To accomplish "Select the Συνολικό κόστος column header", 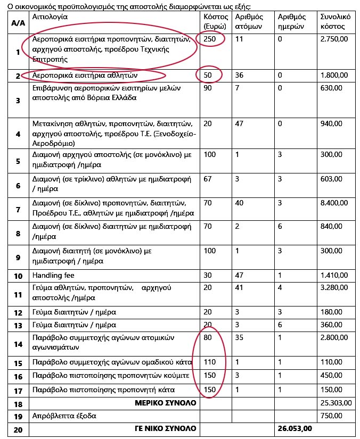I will pos(335,21).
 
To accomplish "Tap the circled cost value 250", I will pos(210,39).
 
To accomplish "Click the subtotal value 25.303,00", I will pos(336,403).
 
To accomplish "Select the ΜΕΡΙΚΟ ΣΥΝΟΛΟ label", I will pos(166,403).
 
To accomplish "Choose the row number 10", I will pos(18,276).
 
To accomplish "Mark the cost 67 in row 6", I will pos(208,179).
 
